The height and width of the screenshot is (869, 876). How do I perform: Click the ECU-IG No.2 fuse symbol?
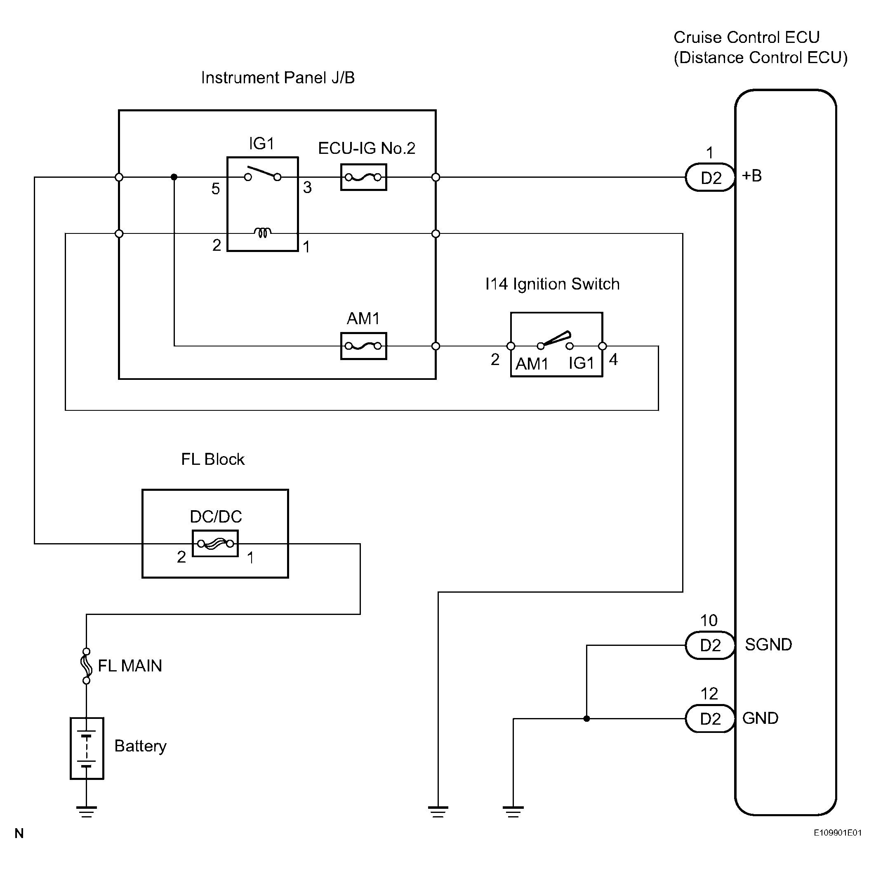click(363, 177)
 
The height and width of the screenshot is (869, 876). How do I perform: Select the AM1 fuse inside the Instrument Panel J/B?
click(363, 346)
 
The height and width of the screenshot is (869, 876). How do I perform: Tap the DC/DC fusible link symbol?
click(215, 543)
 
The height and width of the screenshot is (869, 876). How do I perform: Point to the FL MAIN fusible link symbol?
click(86, 665)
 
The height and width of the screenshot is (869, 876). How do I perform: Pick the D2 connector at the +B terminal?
click(710, 177)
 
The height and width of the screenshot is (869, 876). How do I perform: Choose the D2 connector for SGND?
click(710, 645)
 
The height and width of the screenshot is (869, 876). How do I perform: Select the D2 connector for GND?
click(710, 718)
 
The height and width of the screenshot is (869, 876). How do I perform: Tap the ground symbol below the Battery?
click(86, 811)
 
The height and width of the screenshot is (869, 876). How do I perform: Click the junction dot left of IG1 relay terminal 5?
click(174, 177)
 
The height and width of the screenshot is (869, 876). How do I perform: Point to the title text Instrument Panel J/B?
click(278, 78)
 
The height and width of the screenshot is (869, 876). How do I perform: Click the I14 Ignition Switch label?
click(552, 284)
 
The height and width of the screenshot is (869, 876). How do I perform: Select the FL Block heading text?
click(213, 459)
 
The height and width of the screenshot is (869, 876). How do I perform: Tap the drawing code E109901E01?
click(838, 833)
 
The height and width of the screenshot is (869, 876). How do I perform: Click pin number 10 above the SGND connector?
click(709, 620)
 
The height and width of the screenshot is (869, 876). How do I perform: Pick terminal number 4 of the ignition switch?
click(613, 360)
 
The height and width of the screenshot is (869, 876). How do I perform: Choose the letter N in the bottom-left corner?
click(19, 833)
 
